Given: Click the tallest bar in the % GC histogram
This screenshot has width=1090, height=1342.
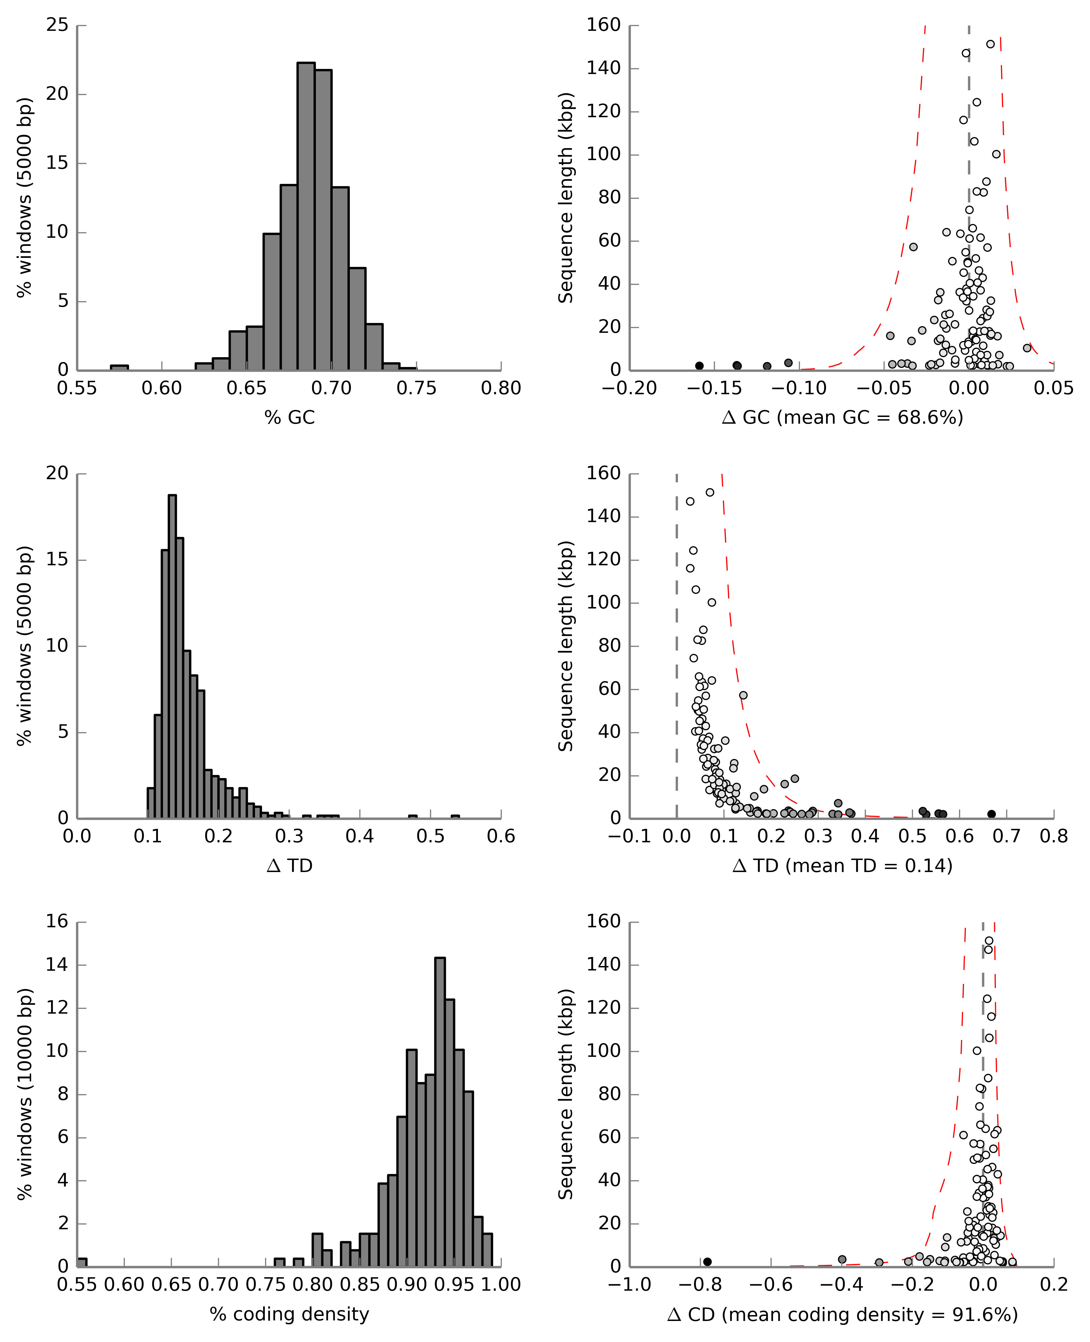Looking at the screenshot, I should coord(306,216).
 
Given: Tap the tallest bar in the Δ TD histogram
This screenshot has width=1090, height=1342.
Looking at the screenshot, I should coord(172,656).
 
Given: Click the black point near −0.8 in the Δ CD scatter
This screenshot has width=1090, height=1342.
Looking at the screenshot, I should coord(707,1262).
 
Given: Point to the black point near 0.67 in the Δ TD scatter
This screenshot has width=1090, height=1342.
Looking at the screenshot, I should coord(992,814).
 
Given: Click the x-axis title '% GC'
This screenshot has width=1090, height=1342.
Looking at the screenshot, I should coord(289,418).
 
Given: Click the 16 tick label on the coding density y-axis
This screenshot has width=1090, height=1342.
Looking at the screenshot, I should coord(57,921).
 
